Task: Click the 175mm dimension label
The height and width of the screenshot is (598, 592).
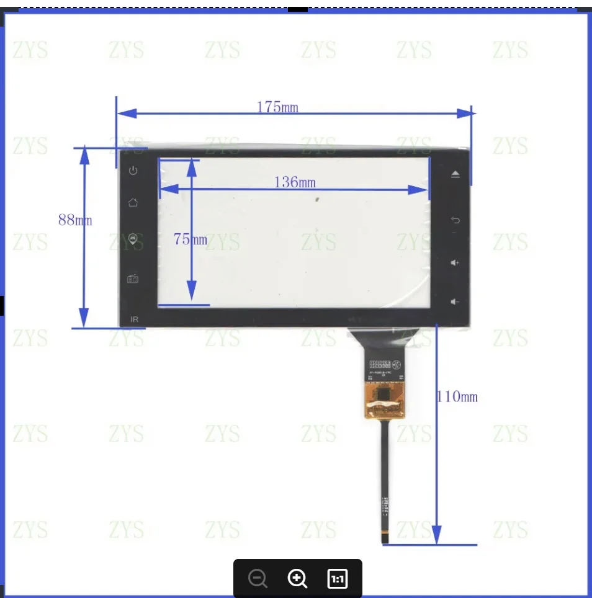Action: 277,107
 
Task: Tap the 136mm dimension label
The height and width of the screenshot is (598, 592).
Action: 295,182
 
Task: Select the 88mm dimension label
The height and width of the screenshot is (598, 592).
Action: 75,220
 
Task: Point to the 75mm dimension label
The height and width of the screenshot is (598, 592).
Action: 191,239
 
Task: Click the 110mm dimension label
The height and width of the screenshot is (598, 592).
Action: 458,396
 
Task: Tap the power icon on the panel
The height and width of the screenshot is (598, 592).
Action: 133,171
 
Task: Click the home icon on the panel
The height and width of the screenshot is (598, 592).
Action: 133,203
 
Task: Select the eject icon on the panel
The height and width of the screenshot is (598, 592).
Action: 455,174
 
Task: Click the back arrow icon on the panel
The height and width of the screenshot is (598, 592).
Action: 455,220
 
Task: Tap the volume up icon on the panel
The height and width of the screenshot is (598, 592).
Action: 455,263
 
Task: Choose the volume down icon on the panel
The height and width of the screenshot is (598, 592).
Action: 455,302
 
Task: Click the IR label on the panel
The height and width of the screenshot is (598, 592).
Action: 134,319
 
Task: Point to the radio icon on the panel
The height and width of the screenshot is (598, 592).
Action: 133,279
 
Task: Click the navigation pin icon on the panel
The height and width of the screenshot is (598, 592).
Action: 133,239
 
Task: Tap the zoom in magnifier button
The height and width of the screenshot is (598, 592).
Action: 297,579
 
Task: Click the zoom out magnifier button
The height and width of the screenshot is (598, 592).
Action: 258,579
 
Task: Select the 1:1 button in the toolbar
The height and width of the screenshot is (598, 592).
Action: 337,579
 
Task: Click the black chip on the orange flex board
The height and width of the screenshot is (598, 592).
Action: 384,393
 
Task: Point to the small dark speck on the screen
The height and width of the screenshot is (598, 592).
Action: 316,200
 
